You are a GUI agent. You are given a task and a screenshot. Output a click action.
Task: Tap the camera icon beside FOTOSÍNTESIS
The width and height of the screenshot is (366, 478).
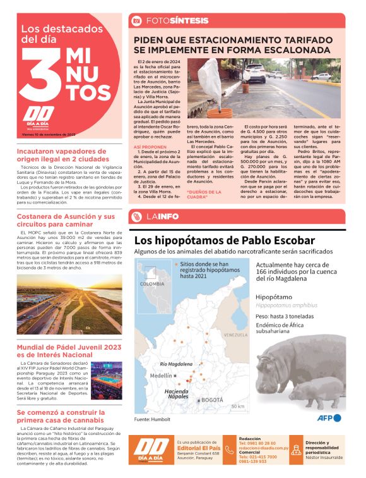136,20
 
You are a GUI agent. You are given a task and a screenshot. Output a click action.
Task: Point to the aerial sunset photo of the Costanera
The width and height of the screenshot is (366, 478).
69,302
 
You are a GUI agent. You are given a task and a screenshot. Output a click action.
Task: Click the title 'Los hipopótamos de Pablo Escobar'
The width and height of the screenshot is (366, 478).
224,241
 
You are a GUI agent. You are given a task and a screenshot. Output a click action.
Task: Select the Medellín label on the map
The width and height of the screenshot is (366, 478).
162,375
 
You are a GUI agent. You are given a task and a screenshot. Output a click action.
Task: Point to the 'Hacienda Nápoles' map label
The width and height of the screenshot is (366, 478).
179,394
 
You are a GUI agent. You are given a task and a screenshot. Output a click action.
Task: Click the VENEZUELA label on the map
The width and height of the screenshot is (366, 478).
235,334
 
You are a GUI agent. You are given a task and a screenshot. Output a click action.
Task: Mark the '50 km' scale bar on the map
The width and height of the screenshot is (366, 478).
237,406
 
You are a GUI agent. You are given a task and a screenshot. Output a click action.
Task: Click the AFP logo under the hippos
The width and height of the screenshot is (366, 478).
329,417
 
